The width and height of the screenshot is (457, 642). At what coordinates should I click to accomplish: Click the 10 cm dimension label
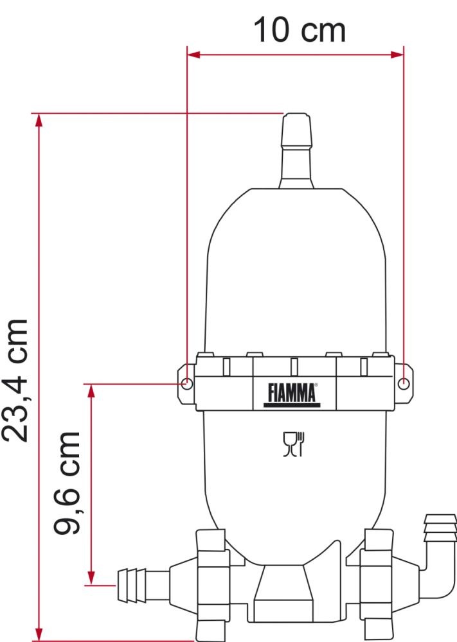(299, 30)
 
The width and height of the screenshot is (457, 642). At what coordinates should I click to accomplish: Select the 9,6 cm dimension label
(67, 483)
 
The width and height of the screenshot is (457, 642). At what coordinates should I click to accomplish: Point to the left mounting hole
(186, 384)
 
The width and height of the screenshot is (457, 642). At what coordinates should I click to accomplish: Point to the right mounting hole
(403, 384)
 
